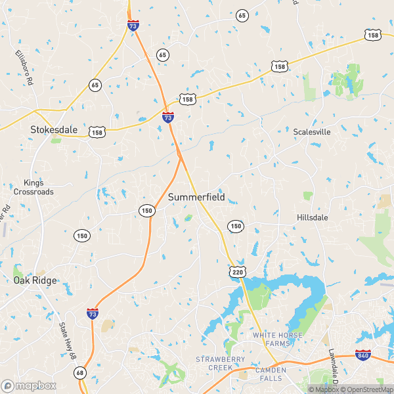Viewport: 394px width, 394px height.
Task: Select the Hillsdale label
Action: [x=312, y=217]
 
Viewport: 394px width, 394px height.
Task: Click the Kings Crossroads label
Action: [x=33, y=187]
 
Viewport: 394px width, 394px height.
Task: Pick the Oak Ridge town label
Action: [x=35, y=280]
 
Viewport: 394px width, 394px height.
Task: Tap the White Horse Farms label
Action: [x=280, y=339]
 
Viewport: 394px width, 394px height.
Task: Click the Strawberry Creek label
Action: [x=220, y=364]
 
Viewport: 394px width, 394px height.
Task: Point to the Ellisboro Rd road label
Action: [x=24, y=68]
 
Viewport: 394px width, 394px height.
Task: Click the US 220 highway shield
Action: [x=237, y=271]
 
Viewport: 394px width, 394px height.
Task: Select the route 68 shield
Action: [x=80, y=373]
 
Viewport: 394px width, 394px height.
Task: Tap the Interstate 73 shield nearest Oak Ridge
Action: [x=93, y=314]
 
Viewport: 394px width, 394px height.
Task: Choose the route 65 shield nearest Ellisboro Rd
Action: [x=95, y=85]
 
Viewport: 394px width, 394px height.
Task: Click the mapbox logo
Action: [x=29, y=385]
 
